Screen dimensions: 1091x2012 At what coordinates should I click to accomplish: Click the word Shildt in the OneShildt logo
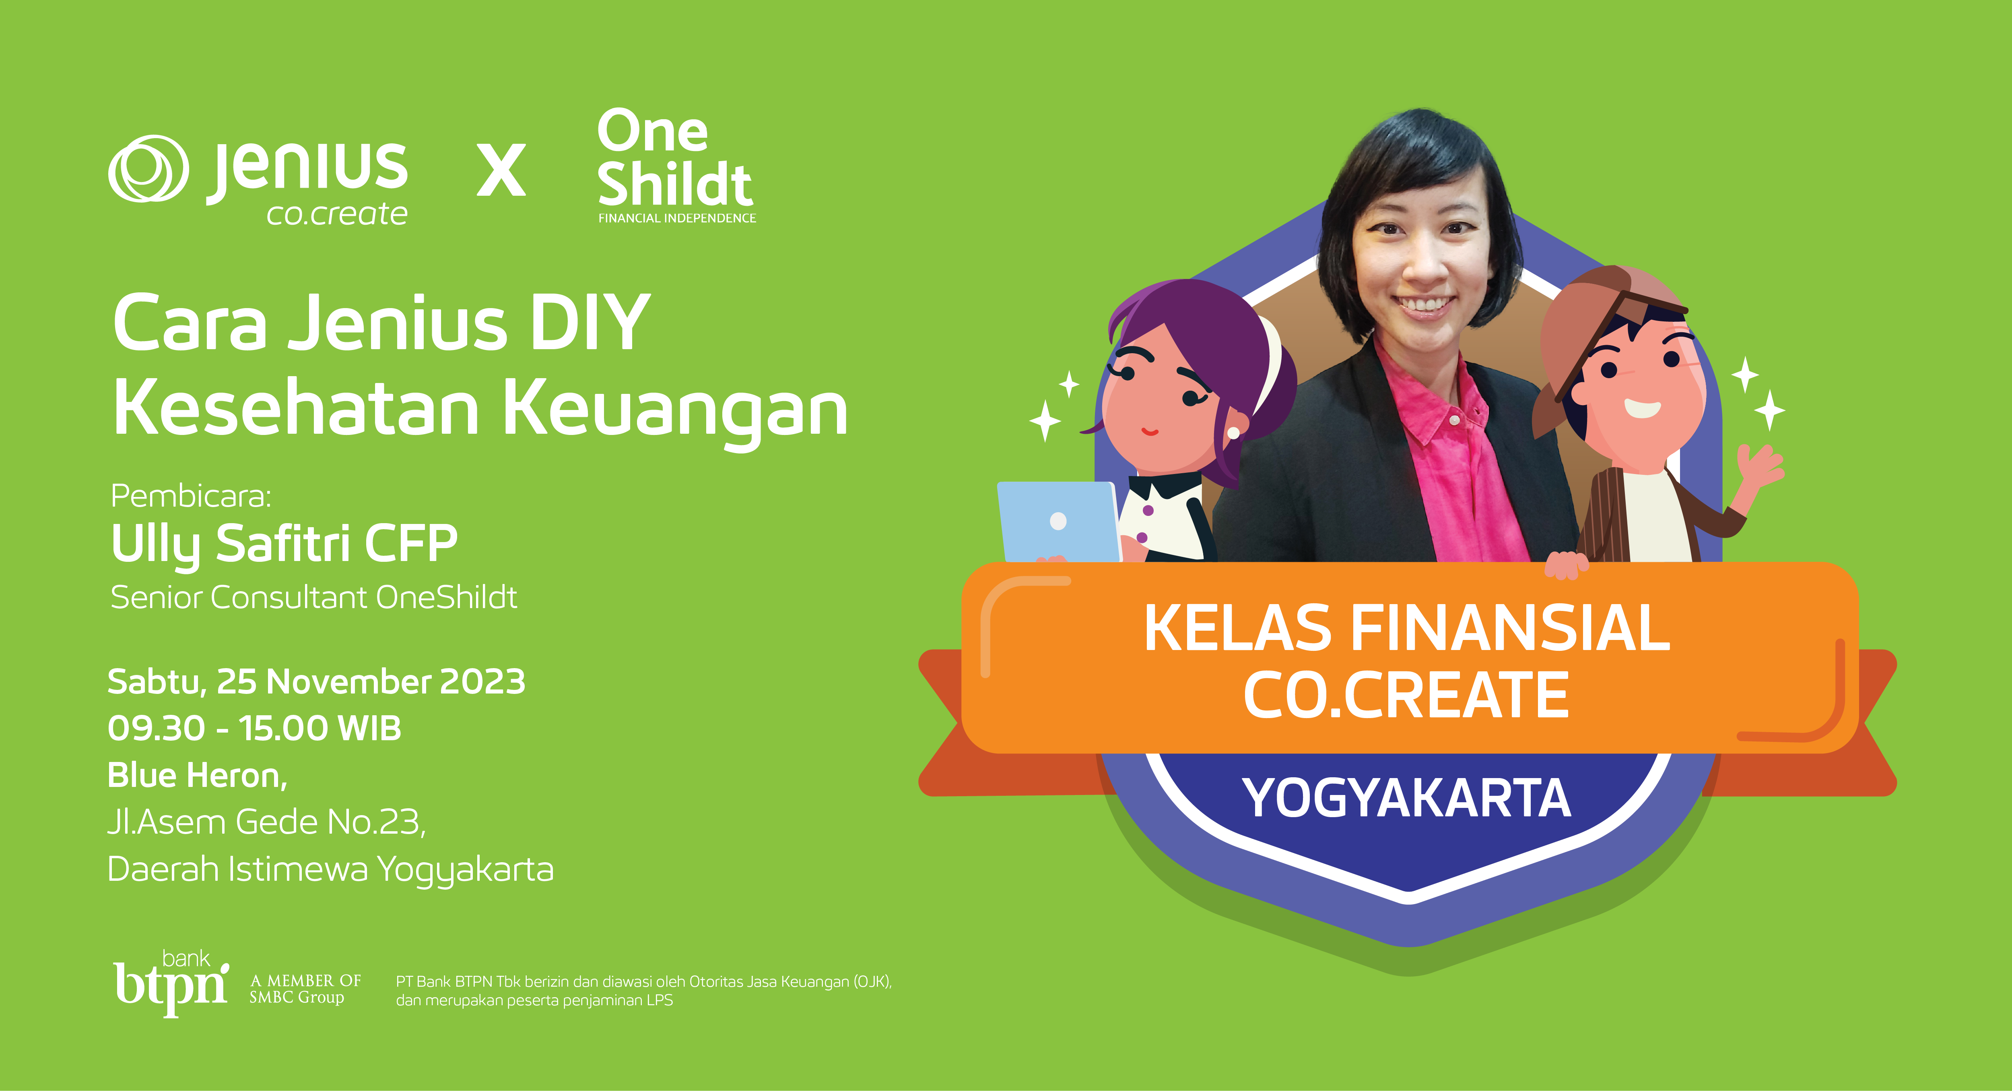click(675, 184)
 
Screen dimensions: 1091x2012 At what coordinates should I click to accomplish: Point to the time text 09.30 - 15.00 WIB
click(254, 729)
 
